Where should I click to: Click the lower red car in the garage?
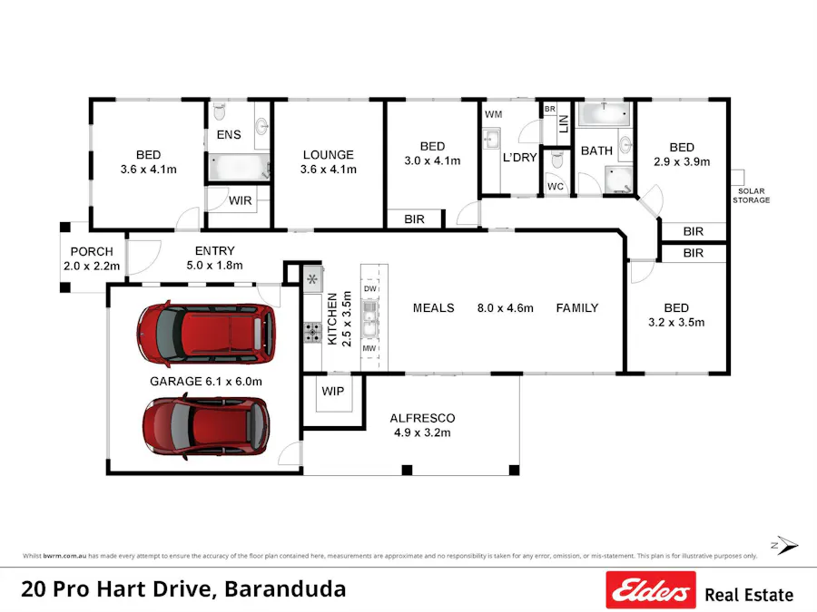tap(206, 426)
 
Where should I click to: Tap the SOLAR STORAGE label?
tap(752, 196)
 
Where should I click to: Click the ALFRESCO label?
tap(422, 418)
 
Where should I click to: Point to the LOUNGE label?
tap(329, 155)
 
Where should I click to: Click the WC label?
tap(556, 186)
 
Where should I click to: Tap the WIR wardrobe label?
tap(241, 200)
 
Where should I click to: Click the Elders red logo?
tap(651, 591)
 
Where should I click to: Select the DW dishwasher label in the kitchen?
tap(369, 288)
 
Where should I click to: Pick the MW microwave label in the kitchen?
tap(369, 348)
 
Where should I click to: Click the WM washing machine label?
tap(493, 114)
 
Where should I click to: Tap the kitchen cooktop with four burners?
tap(313, 334)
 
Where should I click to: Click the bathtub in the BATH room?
tap(605, 115)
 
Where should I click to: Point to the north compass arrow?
tap(786, 546)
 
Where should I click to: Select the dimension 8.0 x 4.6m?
tap(505, 308)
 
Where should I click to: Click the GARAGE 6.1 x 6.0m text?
tap(206, 382)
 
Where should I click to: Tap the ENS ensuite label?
tap(229, 134)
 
